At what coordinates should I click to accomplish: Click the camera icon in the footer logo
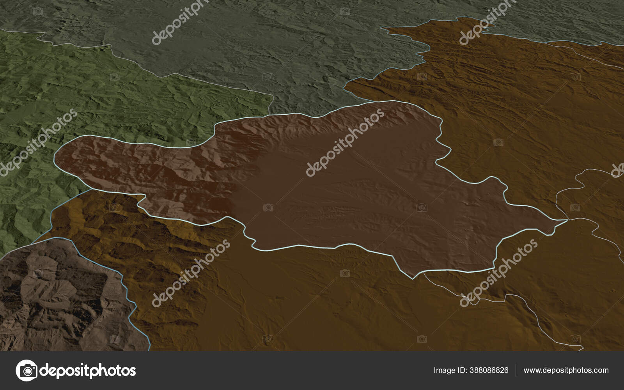point(26,370)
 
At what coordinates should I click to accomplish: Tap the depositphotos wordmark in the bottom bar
point(88,370)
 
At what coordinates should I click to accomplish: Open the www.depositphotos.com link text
point(566,370)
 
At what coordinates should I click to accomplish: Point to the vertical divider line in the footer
point(516,370)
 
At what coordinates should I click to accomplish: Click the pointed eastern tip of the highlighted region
point(567,220)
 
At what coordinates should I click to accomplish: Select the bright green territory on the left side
point(78,97)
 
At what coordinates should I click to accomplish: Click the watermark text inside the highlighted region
point(345,142)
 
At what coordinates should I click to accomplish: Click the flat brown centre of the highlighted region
point(351,195)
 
